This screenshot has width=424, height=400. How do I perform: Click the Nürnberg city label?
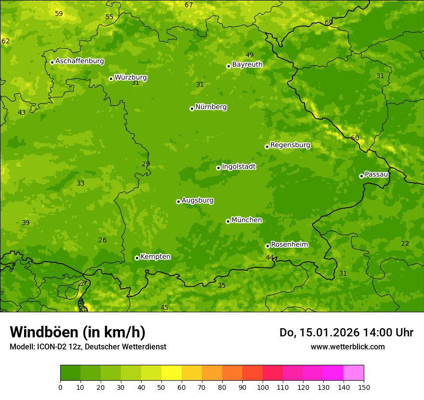(211, 107)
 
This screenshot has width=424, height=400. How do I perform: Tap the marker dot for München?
(228, 221)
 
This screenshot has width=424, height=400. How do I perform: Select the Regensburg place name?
(290, 145)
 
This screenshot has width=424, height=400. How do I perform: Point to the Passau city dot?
(361, 176)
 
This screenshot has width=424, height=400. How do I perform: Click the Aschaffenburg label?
(79, 61)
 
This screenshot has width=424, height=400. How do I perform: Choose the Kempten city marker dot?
(137, 258)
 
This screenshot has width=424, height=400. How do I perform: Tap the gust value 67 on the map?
(188, 5)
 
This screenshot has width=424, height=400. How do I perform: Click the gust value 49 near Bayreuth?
(250, 55)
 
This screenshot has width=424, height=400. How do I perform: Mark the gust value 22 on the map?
(405, 244)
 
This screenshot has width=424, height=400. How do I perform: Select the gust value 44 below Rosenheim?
(270, 257)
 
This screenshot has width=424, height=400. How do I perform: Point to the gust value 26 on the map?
(103, 240)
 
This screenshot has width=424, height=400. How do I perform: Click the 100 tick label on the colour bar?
(263, 387)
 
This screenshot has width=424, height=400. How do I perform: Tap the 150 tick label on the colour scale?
(364, 387)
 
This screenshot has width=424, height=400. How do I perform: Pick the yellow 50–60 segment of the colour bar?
(172, 373)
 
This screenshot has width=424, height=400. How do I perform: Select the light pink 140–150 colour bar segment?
(354, 373)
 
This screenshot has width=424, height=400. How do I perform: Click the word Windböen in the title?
(44, 332)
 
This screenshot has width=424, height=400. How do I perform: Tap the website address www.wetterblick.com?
(347, 347)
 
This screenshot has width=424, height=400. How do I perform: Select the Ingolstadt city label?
(238, 167)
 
